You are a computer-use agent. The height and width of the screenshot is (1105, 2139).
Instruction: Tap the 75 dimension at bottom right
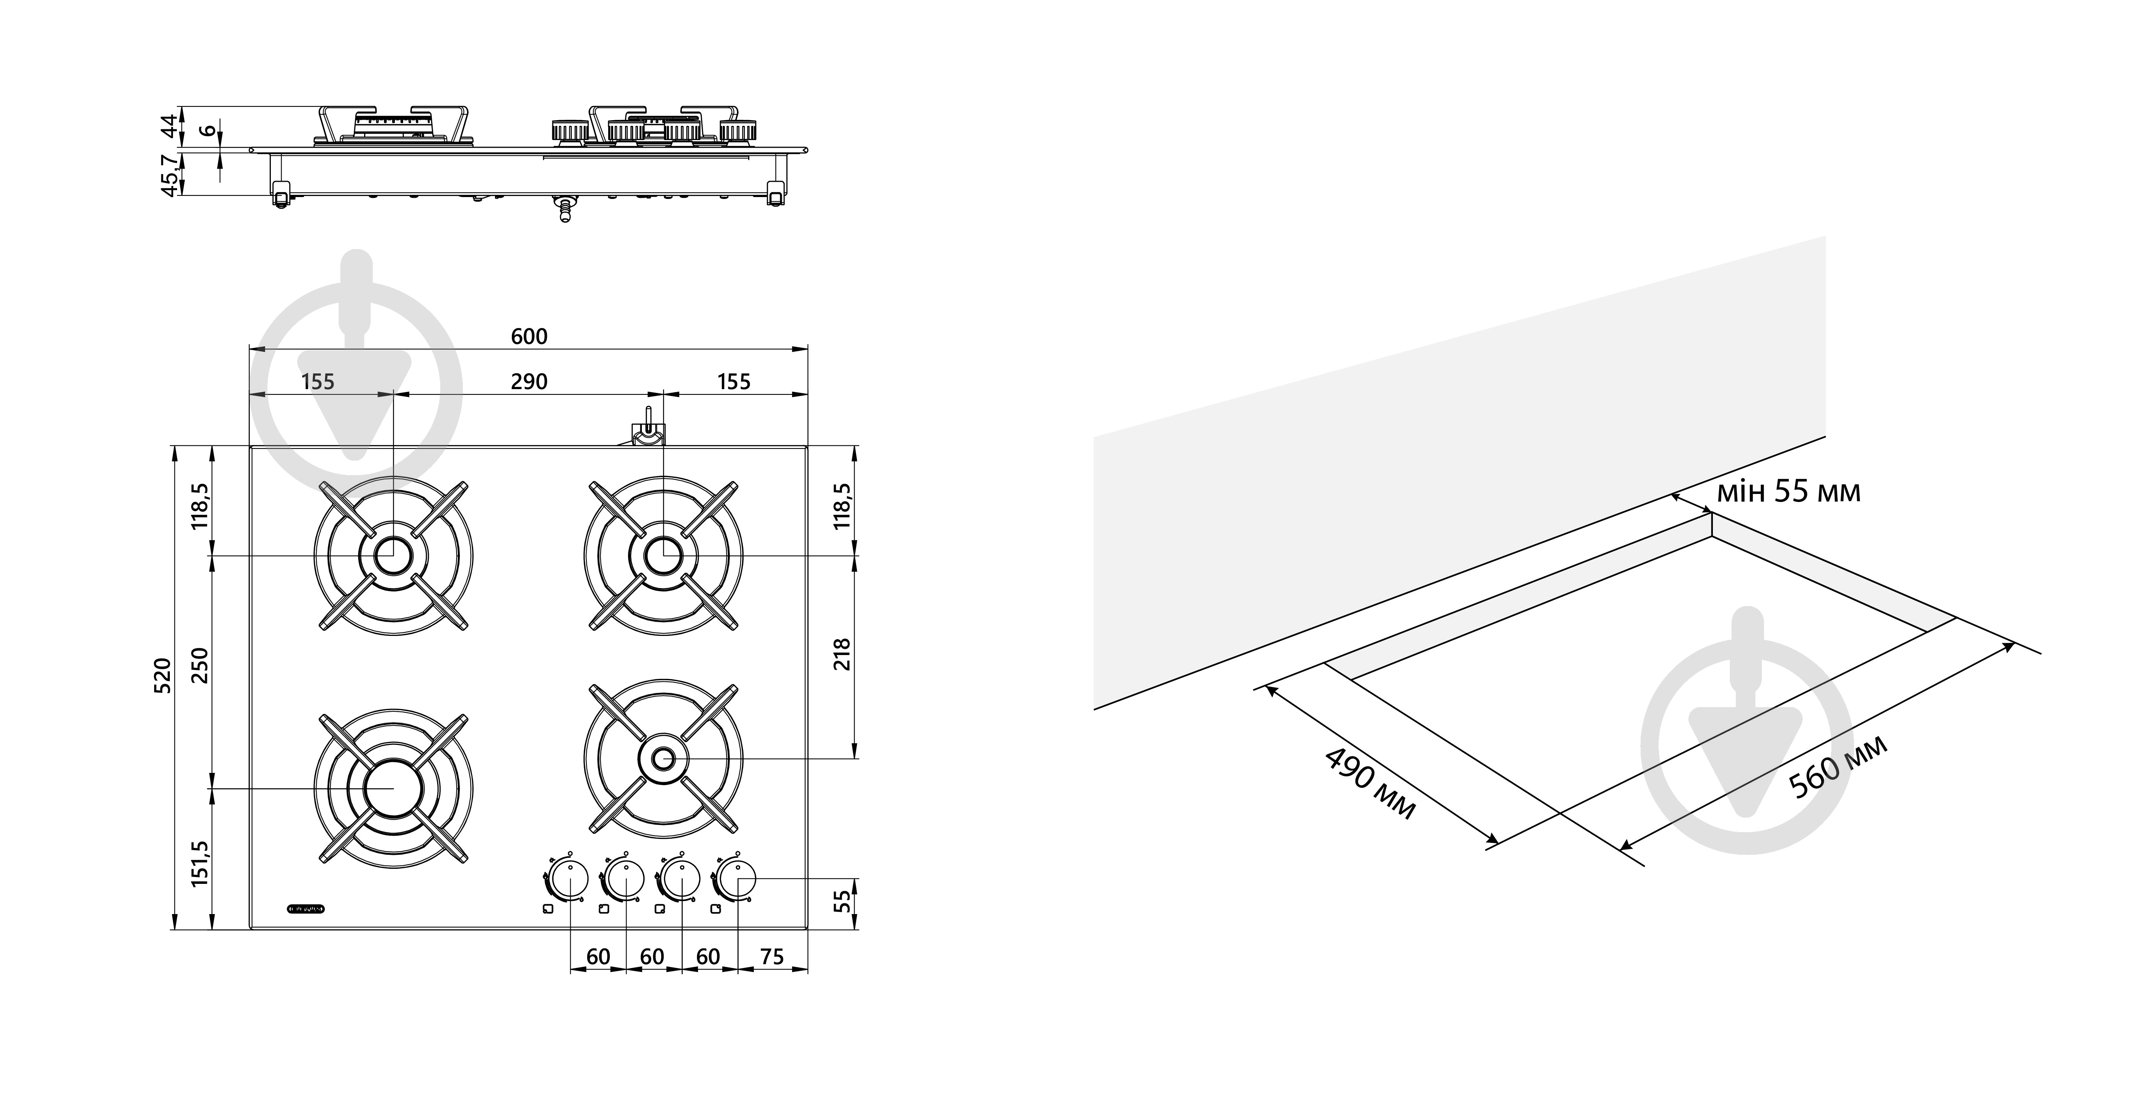point(772,957)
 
